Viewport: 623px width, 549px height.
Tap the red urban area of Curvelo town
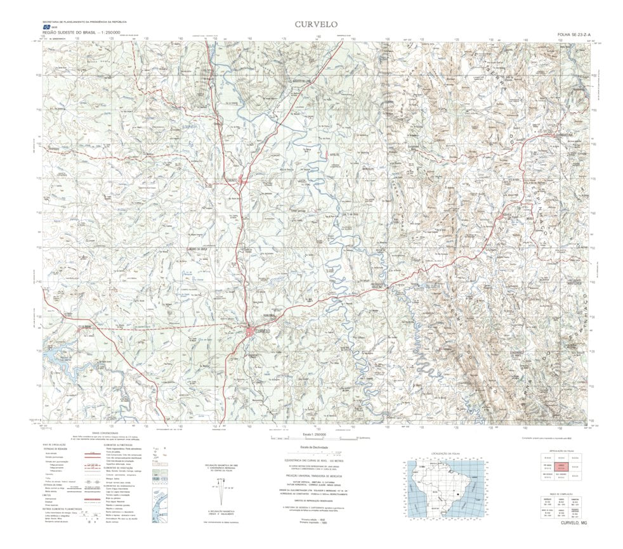click(251, 332)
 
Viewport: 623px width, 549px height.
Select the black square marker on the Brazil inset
click(456, 492)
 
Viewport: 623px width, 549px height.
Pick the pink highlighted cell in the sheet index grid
click(560, 466)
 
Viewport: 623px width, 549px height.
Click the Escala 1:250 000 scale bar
click(311, 437)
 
